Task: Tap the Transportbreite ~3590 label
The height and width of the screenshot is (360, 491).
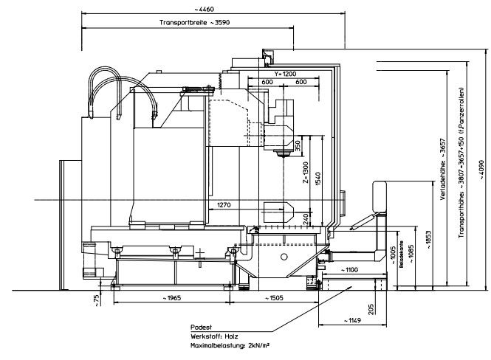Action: tap(189, 23)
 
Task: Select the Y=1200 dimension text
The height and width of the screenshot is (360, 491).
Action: tap(284, 75)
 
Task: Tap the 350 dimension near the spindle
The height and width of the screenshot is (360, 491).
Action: tap(297, 146)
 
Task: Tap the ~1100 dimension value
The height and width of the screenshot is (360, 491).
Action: tap(348, 269)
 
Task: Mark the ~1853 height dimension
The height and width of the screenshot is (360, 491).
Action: tap(428, 240)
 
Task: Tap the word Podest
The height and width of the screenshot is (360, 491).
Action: tap(200, 325)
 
